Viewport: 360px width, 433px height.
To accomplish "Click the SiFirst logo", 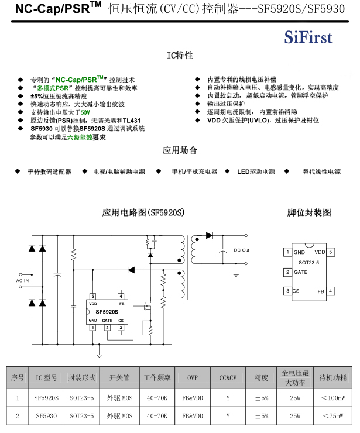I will (x=308, y=38).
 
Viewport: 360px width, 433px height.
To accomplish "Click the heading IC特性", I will (x=180, y=56).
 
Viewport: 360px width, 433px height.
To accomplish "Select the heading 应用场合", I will (x=180, y=150).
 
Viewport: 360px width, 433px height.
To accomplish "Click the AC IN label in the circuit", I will (x=22, y=281).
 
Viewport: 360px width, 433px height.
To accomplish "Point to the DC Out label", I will (x=241, y=250).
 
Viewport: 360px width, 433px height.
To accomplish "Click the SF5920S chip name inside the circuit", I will (x=107, y=312).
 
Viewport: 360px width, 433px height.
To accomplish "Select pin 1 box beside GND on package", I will (x=287, y=252).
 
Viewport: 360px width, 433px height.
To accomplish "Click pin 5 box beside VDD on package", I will (x=331, y=252).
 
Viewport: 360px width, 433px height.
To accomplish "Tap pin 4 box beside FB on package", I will (x=331, y=291).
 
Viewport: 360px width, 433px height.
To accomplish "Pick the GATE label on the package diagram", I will (x=300, y=272).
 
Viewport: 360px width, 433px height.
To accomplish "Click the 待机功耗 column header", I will (x=332, y=378).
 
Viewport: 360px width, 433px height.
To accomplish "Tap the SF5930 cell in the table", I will (x=46, y=416).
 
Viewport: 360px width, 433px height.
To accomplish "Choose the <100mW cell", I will (x=332, y=398).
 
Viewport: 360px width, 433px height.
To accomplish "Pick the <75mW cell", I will (x=332, y=416).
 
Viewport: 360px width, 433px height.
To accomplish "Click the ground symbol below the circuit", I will (x=99, y=354).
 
